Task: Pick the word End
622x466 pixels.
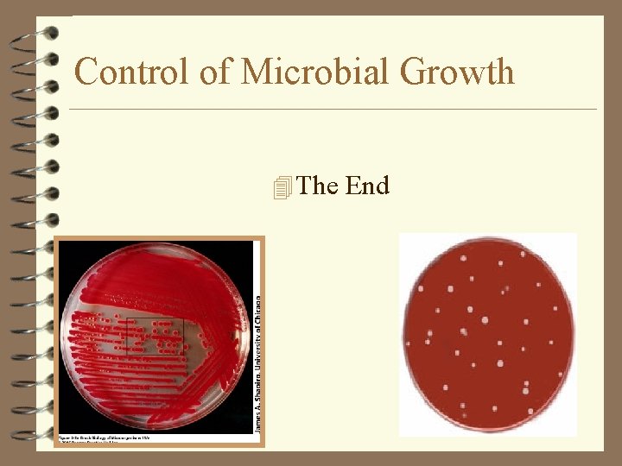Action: click(367, 186)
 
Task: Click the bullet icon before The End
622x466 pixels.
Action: click(282, 186)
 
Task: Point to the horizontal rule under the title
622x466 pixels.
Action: click(333, 110)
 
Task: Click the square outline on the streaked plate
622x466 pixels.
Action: click(155, 336)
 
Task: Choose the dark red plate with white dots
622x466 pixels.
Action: click(489, 333)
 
